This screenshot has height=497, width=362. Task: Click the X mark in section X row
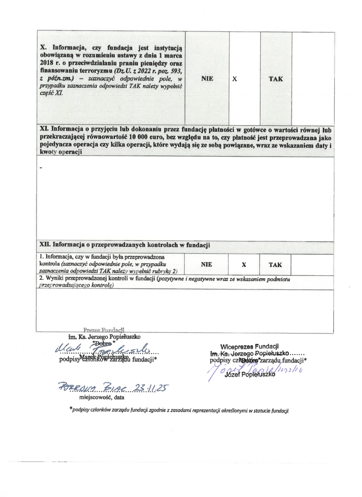235,79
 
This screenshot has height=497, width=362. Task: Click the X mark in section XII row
244,265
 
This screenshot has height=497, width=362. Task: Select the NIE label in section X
207,78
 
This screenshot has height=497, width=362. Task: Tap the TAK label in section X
276,79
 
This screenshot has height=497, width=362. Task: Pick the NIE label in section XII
206,265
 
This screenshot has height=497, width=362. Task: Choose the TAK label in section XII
275,265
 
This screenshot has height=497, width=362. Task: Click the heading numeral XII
45,245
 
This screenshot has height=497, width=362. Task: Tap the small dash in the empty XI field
41,167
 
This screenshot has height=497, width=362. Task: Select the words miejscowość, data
102,397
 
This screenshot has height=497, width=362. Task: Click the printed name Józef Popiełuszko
250,374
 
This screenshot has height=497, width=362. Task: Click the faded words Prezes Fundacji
104,330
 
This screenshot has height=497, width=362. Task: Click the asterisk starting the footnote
71,409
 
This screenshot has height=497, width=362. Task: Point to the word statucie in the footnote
262,411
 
